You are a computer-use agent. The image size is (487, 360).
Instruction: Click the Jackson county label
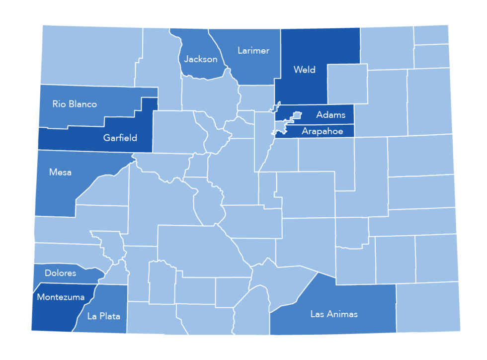point(201,59)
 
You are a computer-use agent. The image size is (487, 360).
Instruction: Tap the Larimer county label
point(253,51)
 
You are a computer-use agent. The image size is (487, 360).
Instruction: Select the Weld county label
point(304,70)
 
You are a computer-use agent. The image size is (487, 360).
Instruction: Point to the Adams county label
point(330,115)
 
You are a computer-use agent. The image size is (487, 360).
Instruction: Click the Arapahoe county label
point(322,131)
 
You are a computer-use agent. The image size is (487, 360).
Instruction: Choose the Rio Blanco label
point(75,104)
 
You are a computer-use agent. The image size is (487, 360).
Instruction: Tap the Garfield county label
point(120,138)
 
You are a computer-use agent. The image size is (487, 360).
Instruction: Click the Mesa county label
point(60,173)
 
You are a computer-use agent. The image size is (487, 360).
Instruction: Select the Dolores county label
point(60,273)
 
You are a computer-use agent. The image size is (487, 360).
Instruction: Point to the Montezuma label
point(61,297)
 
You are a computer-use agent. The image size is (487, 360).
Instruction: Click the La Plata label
point(103,316)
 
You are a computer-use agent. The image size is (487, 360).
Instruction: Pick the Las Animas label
point(334,314)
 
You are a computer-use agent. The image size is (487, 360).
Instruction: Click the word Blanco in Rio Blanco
point(83,104)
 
